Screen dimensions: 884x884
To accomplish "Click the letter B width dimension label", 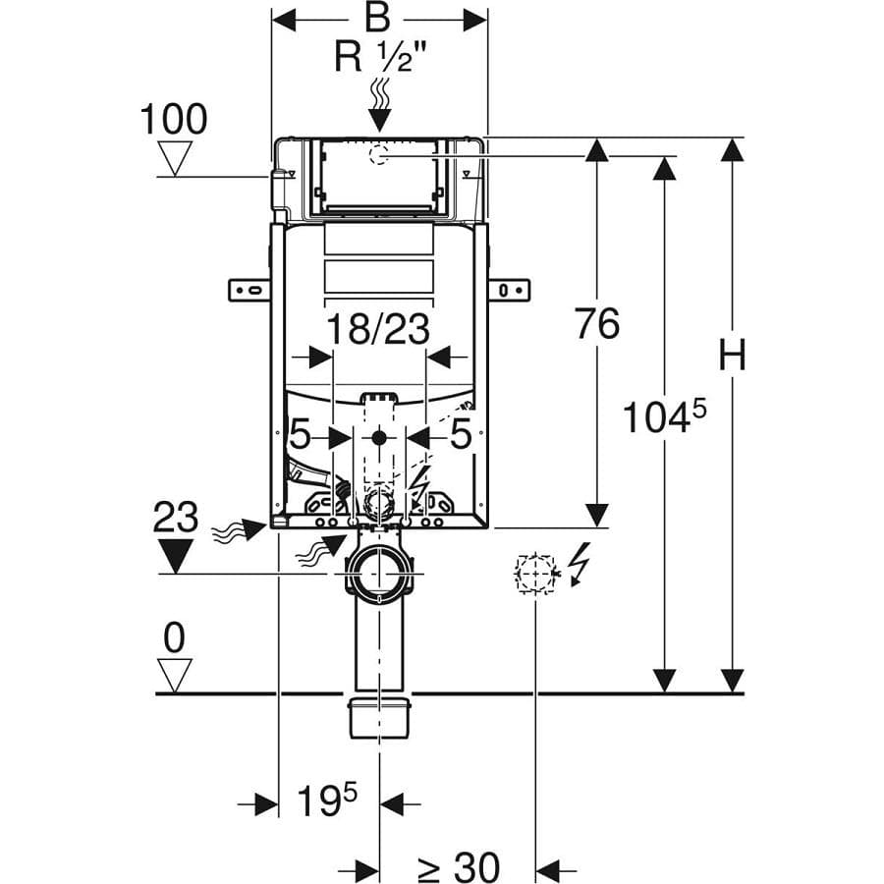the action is click(377, 18).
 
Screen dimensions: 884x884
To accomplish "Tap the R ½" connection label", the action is click(380, 57).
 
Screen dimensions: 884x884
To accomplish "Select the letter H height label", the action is click(733, 355).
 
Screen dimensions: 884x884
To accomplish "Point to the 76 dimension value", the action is click(597, 323).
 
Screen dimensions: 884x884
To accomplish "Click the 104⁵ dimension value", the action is click(664, 416).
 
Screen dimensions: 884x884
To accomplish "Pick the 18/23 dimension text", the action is click(378, 329).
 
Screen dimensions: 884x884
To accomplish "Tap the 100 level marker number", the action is click(174, 120).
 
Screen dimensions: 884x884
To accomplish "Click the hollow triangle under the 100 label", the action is click(175, 158).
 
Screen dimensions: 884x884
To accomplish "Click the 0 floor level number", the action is click(174, 638).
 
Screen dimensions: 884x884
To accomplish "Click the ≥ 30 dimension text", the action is click(459, 867).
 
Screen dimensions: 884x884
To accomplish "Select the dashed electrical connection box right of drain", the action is click(534, 574).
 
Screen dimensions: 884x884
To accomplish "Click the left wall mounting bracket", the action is click(249, 291).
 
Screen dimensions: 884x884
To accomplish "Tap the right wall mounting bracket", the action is click(509, 291).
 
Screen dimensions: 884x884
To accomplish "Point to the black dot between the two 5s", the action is click(379, 437).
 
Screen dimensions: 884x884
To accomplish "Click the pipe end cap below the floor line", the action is click(379, 718).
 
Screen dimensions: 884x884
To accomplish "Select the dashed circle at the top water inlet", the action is click(379, 154).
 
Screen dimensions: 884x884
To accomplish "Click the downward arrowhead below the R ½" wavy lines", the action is click(380, 121).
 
